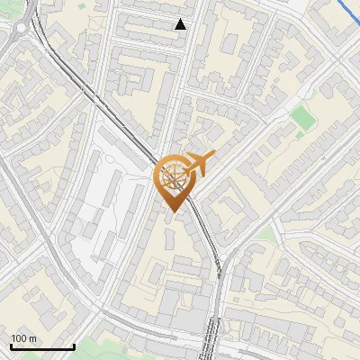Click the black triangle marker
click(181, 24)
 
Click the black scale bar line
click(42, 346)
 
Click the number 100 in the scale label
click(19, 339)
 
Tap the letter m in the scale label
click(33, 339)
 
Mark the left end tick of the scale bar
click(11, 345)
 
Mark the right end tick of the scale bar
click(74, 345)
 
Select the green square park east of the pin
click(303, 117)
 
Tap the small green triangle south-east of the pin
click(265, 236)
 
